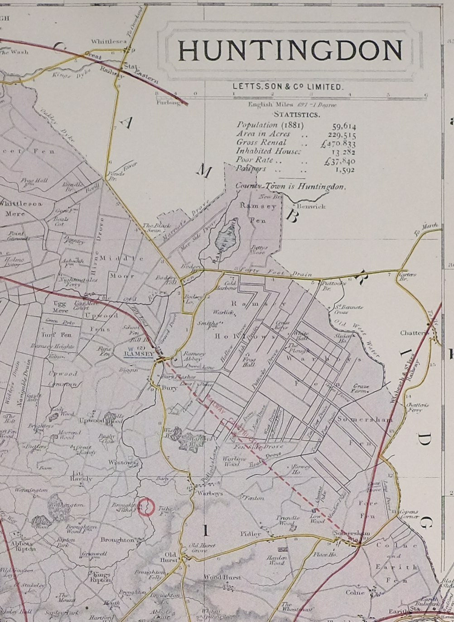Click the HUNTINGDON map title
[290, 50]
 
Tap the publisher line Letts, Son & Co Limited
[288, 86]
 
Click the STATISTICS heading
[296, 115]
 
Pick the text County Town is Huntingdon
[290, 186]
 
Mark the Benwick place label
[311, 207]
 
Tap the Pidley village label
[251, 534]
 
